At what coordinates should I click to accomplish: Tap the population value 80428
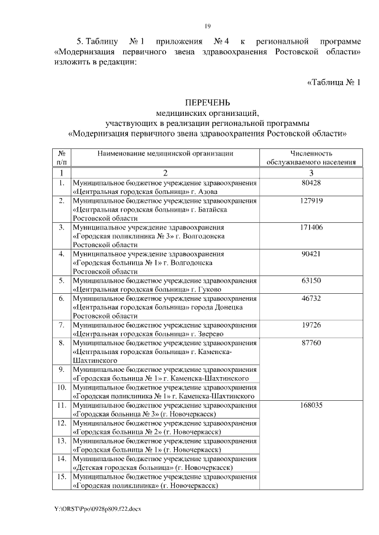pyautogui.click(x=311, y=183)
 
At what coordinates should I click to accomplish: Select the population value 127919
pyautogui.click(x=311, y=201)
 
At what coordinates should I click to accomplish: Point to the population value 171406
pyautogui.click(x=311, y=227)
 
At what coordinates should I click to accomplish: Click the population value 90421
pyautogui.click(x=311, y=254)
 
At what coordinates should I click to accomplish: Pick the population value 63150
pyautogui.click(x=311, y=280)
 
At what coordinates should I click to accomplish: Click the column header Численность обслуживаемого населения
pyautogui.click(x=311, y=157)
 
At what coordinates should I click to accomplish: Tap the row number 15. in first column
pyautogui.click(x=61, y=476)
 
